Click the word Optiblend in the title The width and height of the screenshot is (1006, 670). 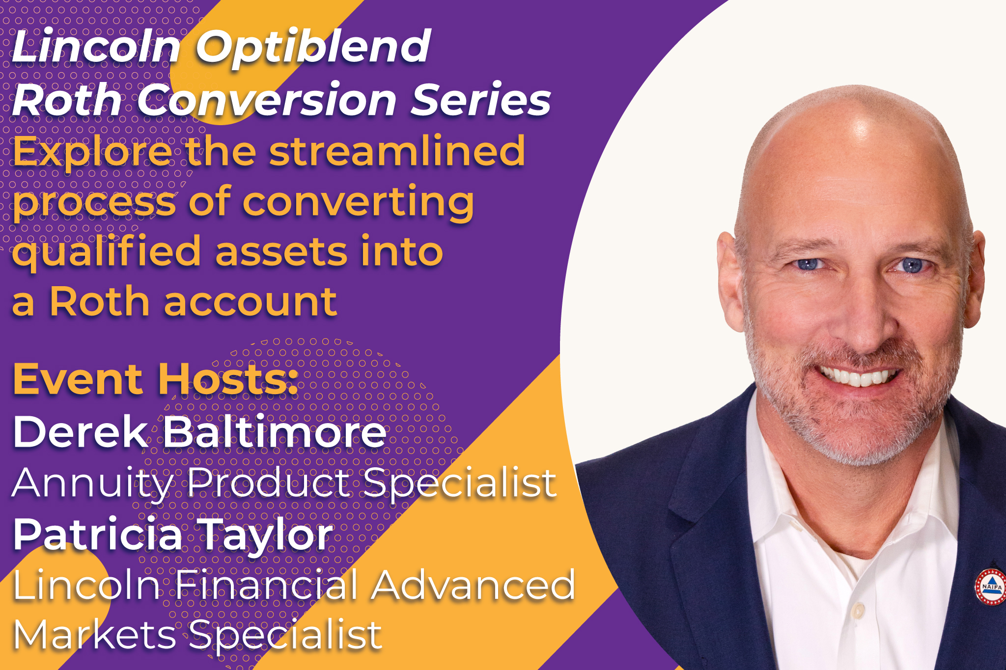point(313,48)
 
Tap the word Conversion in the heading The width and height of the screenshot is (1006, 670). point(267,100)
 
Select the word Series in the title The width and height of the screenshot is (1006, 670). point(481,100)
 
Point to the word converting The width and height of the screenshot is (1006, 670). point(358,202)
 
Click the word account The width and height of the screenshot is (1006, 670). point(251,302)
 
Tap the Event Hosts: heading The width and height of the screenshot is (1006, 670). point(156,378)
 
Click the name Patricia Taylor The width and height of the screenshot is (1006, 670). point(173,535)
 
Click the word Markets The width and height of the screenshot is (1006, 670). point(94,635)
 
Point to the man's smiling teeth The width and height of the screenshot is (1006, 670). point(857,377)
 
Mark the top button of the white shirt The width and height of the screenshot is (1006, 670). point(858,611)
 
